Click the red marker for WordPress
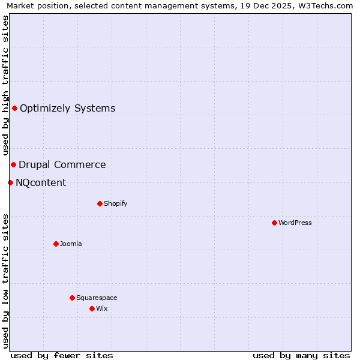[274, 223]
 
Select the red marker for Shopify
[100, 203]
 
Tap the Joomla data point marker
[56, 244]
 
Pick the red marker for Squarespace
[72, 298]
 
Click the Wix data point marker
[92, 308]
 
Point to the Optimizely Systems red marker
[14, 108]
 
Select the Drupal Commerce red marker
[13, 164]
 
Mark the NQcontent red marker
[10, 182]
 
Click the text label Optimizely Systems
[67, 109]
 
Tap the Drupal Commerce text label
[62, 165]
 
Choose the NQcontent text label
[41, 183]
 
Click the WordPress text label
[295, 223]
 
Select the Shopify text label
[116, 204]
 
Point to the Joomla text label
[71, 244]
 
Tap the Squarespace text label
[97, 298]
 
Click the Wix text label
[101, 309]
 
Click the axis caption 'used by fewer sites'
[62, 355]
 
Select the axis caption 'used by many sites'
[301, 355]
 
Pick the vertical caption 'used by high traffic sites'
[6, 85]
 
